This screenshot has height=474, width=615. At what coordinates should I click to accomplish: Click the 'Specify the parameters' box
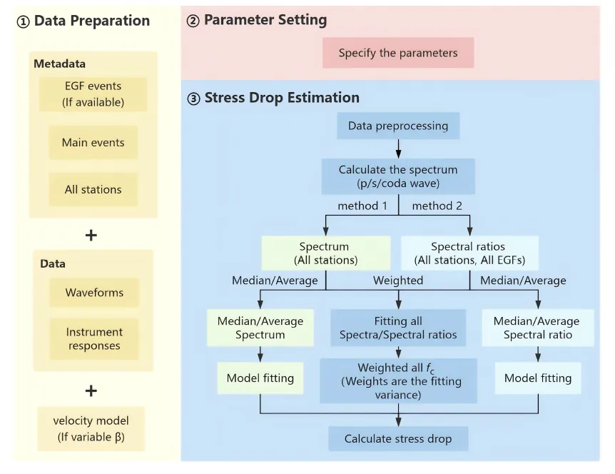coord(398,53)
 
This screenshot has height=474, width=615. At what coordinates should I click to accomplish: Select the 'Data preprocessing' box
coord(398,126)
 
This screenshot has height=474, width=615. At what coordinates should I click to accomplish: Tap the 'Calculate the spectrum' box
coord(398,176)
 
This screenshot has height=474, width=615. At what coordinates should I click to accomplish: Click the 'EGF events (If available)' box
coord(93,94)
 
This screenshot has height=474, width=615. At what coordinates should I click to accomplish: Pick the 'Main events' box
coord(93,143)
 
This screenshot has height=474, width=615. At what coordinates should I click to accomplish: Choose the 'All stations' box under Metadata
coord(93,189)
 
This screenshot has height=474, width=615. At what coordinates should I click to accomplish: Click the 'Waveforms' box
coord(94,293)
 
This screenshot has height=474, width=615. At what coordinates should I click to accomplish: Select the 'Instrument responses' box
coord(94,338)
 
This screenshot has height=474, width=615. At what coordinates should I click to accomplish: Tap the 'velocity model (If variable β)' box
coord(91,429)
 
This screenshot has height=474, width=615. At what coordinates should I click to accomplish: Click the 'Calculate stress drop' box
coord(398,439)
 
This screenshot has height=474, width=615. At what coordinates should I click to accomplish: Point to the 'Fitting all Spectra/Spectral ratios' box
coord(398,328)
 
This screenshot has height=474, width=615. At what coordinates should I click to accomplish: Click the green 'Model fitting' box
coord(260,378)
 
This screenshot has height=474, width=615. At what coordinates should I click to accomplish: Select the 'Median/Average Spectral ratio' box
coord(538,328)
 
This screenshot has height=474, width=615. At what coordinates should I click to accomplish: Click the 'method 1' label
coord(362,206)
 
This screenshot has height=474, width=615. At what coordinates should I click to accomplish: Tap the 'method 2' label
coord(437,206)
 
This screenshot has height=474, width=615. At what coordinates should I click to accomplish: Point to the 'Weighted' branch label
coord(398,280)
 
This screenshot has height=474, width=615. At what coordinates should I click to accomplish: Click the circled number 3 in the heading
coord(193,99)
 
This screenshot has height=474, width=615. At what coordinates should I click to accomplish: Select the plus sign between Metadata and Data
coord(91,235)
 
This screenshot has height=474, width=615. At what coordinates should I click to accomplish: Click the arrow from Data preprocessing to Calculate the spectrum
coord(399,148)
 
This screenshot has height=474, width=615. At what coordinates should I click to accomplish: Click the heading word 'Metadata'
coord(60,64)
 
